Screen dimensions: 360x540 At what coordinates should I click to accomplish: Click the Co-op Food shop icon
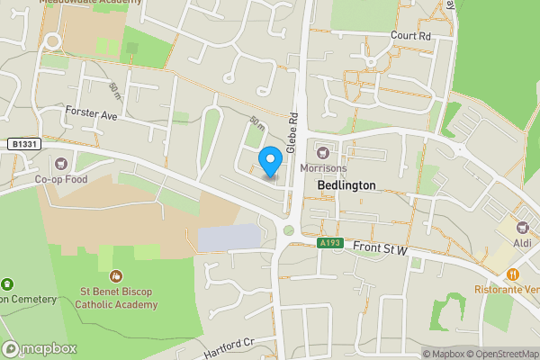[x=61, y=164]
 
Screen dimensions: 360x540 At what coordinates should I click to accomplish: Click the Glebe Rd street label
[x=292, y=131]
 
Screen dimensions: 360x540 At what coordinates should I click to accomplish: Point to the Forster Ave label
[x=92, y=115]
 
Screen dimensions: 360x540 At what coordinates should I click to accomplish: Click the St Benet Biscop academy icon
[x=115, y=275]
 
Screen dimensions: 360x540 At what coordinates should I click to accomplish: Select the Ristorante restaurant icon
[x=512, y=274]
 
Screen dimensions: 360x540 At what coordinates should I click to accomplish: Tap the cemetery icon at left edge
[x=7, y=284]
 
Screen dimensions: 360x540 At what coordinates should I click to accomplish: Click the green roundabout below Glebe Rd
[x=288, y=230]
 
